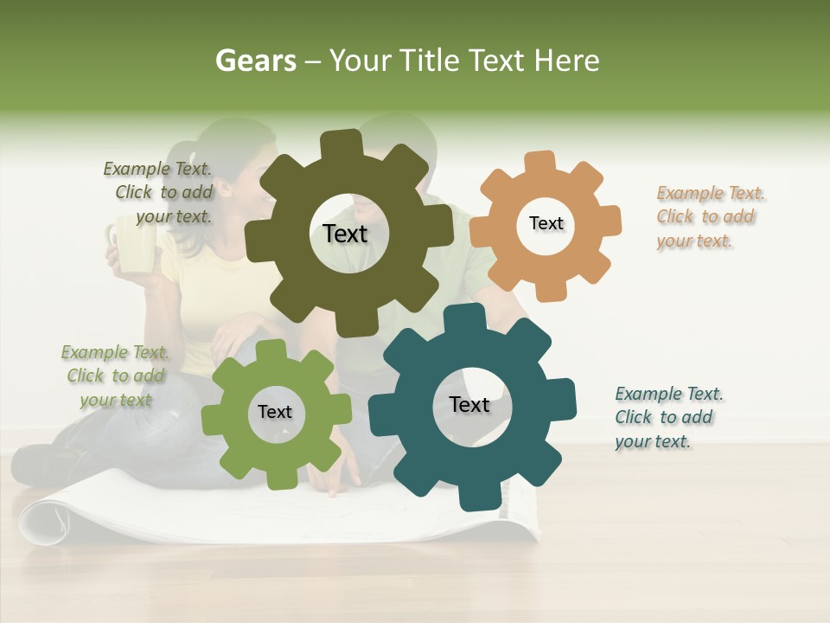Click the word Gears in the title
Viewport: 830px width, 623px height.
point(256,61)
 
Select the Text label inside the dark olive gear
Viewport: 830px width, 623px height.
point(345,234)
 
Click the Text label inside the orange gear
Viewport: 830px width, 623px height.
point(546,223)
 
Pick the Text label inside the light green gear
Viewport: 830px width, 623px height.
point(274,412)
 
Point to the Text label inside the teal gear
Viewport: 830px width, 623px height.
point(469,404)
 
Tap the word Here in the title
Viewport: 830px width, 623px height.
point(569,61)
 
